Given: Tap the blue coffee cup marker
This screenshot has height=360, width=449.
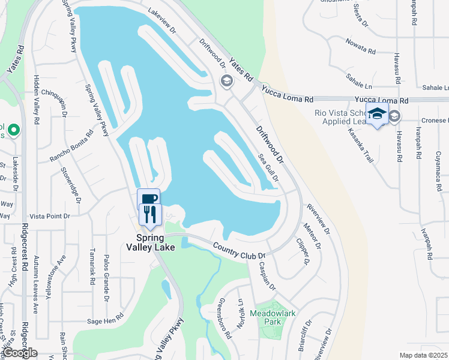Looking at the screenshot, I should (x=148, y=199).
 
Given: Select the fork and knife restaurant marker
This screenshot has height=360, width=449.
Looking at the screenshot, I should (x=149, y=215).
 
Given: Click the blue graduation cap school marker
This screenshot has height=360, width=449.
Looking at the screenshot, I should (x=377, y=114).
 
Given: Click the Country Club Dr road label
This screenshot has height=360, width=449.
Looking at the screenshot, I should (x=240, y=251).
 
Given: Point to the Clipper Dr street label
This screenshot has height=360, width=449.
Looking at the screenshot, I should (x=303, y=252).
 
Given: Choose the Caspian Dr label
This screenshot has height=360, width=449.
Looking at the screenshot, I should (x=267, y=276).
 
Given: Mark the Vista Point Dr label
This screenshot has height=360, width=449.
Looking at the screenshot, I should (x=50, y=215).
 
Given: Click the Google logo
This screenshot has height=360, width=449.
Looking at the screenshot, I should (x=20, y=353).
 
